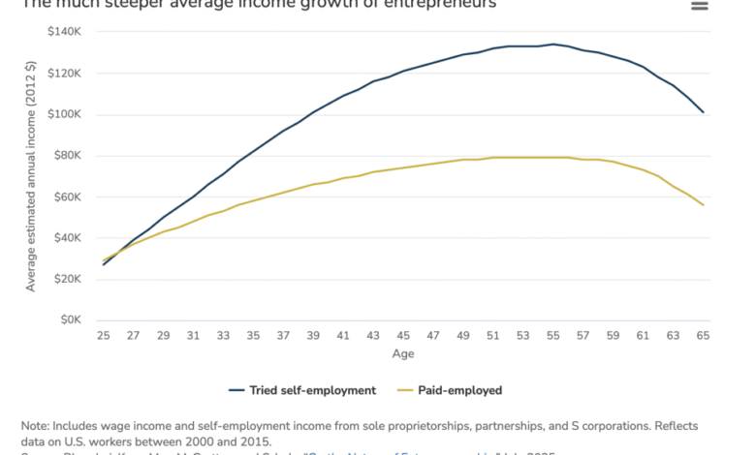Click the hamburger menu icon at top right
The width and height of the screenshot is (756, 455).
699,6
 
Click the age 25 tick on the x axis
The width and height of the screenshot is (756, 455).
102,335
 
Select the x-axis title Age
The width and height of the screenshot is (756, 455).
403,353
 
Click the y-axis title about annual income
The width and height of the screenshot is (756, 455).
31,176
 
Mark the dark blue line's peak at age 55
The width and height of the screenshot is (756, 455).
552,44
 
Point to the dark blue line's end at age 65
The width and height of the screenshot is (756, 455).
704,112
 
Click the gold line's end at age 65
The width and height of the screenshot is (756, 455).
704,205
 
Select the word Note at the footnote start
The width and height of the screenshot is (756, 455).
36,424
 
